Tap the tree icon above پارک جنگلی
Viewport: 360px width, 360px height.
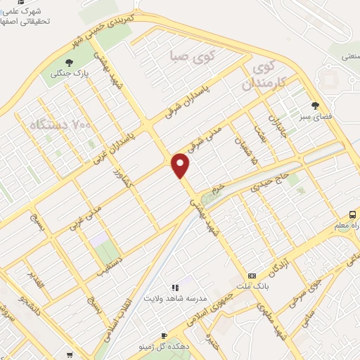click(68, 63)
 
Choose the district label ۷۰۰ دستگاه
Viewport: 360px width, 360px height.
click(61, 125)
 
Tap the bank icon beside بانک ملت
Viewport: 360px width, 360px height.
click(252, 276)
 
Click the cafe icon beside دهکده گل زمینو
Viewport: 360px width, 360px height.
click(164, 336)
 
